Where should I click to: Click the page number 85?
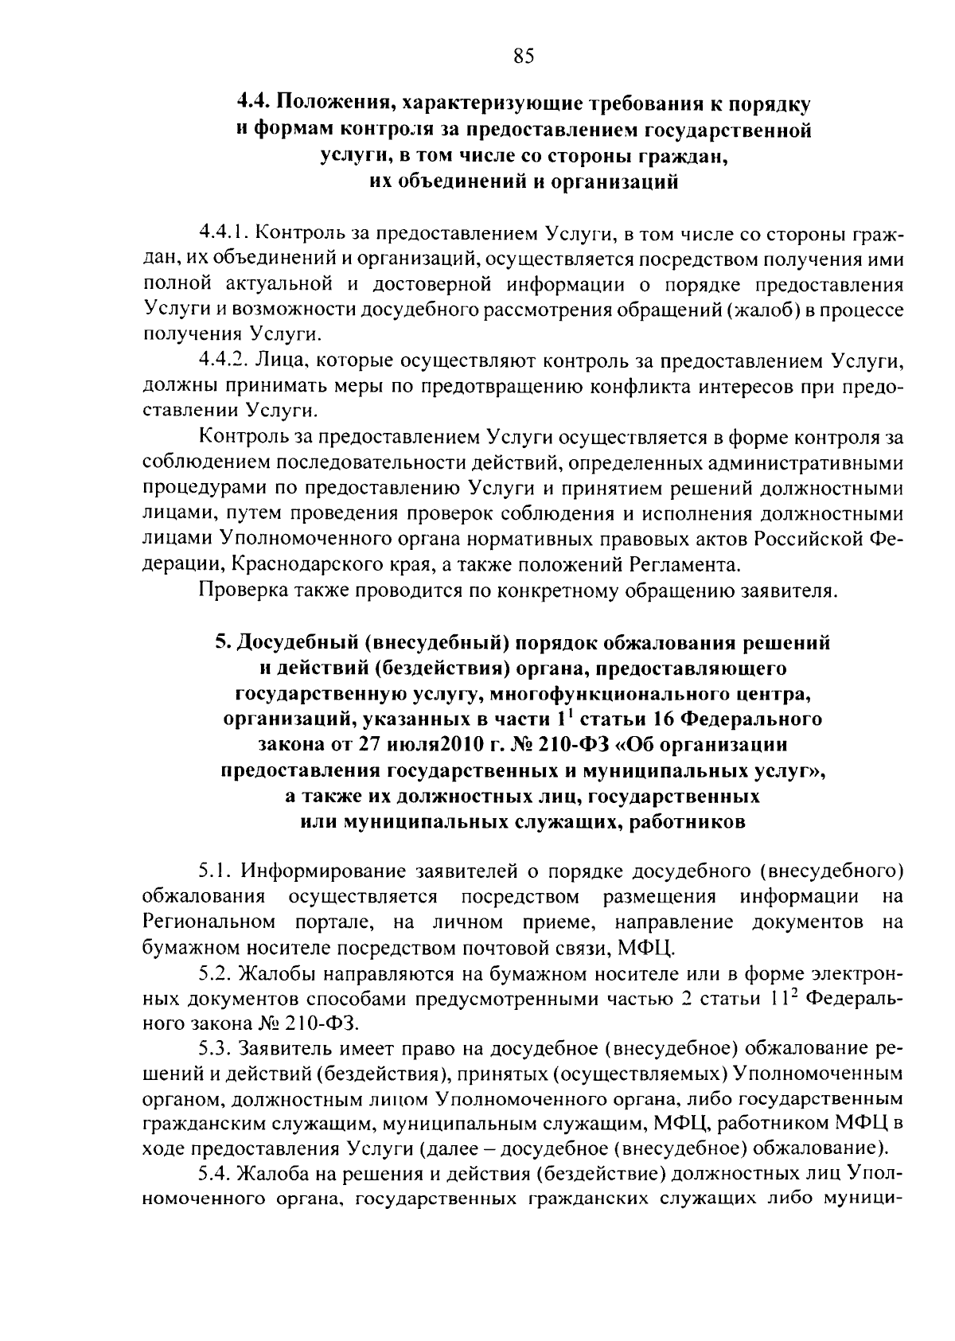pyautogui.click(x=524, y=56)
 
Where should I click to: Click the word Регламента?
pyautogui.click(x=684, y=565)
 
